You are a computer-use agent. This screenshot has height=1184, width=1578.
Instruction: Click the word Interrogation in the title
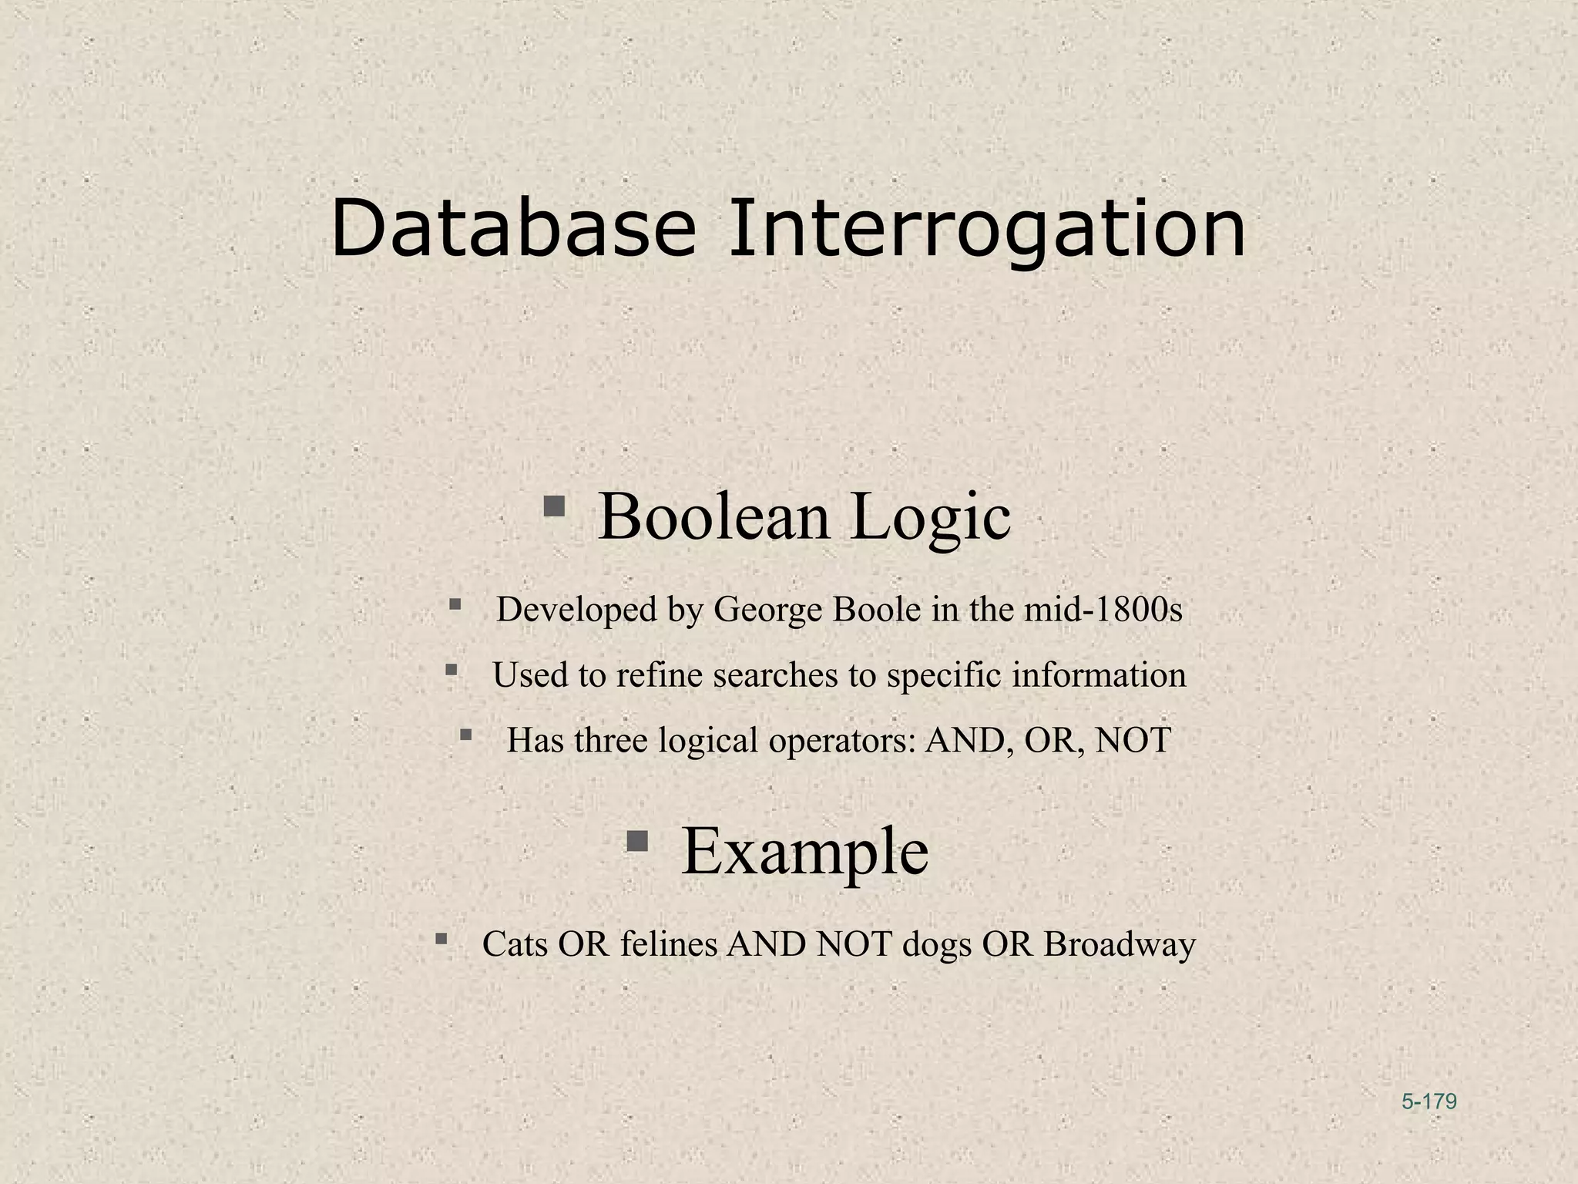[x=987, y=230]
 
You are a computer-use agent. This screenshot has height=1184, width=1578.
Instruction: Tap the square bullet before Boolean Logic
[x=554, y=506]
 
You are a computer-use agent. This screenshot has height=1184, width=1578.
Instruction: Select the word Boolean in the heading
[x=713, y=516]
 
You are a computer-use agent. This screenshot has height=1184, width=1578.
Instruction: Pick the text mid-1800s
[x=1103, y=610]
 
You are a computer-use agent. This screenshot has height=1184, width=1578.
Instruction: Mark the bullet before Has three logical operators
[x=465, y=735]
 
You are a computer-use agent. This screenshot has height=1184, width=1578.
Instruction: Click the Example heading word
[x=804, y=851]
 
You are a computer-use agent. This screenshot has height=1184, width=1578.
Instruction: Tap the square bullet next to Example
[x=636, y=839]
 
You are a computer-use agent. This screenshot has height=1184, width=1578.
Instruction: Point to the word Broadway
[x=1120, y=944]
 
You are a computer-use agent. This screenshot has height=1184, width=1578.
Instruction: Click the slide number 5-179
[x=1429, y=1102]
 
